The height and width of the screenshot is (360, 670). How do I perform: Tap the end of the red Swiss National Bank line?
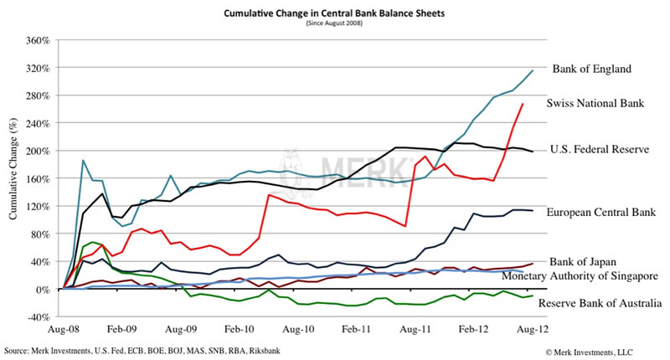tap(523, 104)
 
